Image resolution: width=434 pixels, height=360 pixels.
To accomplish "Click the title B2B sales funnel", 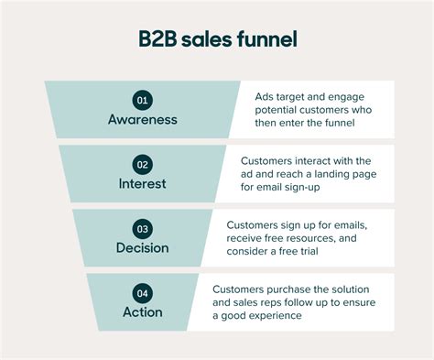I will click(217, 40).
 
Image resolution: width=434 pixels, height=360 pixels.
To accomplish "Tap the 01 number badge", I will click(143, 101).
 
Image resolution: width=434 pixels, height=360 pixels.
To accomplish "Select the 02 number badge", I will click(143, 165).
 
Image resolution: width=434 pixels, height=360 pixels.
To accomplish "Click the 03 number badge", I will click(143, 229).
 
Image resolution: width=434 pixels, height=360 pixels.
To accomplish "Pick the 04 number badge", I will click(143, 293).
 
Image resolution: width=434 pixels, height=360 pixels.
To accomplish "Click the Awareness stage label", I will click(143, 120).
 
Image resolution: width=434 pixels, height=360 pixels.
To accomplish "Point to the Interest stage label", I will click(143, 184).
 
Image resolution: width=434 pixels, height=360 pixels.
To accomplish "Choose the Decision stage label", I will click(143, 248).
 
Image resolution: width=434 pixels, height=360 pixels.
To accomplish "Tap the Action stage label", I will click(143, 312).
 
